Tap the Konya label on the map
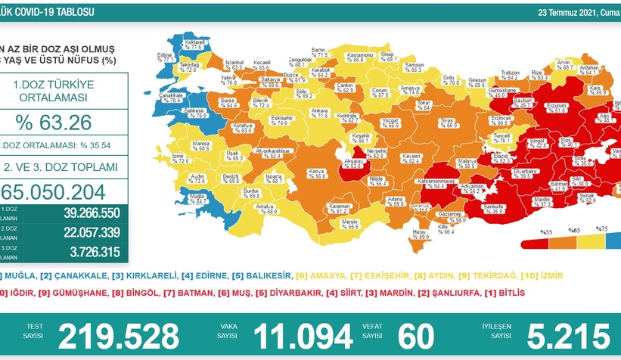tap(316, 173)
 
